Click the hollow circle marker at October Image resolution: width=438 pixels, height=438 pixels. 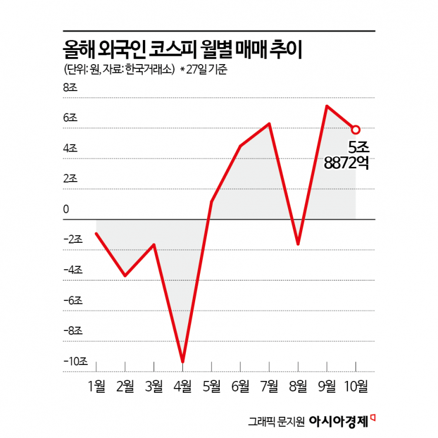356,129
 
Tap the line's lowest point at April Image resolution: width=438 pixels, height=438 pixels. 183,362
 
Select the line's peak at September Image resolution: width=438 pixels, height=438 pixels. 327,106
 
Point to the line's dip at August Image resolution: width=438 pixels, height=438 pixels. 298,243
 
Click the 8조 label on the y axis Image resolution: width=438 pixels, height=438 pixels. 70,88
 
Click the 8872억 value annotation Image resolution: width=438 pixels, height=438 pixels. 347,165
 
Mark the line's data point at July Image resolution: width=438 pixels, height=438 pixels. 269,123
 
